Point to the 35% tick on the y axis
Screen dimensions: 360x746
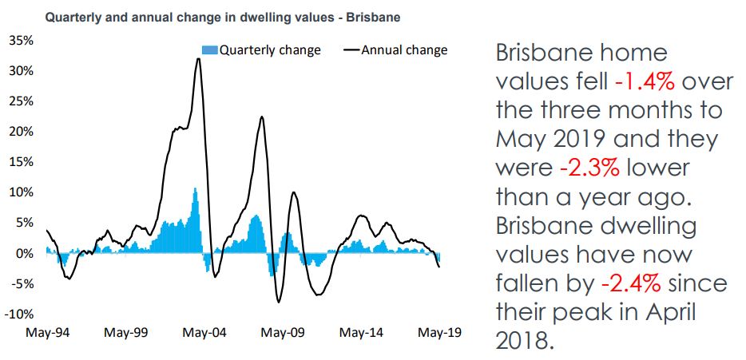[21, 40]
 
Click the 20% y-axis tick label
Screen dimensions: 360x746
[21, 132]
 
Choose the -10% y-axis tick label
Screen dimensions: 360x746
[19, 314]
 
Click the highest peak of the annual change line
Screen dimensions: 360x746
[198, 59]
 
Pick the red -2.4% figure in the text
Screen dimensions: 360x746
[627, 283]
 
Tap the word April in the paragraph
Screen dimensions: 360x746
[662, 313]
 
